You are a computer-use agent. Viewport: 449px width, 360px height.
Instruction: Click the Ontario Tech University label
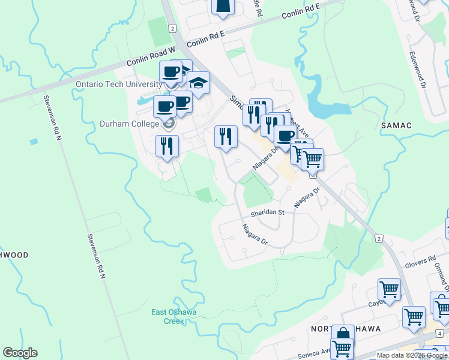pos(119,84)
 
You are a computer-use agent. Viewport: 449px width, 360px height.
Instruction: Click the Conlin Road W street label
pos(150,57)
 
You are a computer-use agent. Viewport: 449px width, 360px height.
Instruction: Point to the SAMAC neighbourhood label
pos(396,124)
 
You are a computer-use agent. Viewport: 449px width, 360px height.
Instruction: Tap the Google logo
pos(20,353)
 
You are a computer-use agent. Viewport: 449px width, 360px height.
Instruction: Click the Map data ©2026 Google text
pos(412,355)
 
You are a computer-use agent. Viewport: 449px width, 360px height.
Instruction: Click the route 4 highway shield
pos(439,334)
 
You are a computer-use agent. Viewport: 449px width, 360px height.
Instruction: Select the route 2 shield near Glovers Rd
pos(379,239)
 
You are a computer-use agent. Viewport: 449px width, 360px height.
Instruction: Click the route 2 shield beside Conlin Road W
pos(172,29)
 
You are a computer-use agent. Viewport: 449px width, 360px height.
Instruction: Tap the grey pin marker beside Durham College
pos(169,124)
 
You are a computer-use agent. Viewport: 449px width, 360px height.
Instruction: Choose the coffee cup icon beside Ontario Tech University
pos(171,72)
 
